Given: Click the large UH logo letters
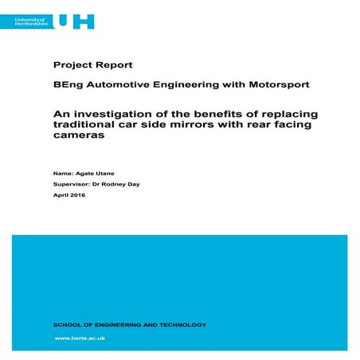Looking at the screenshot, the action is click(x=82, y=20).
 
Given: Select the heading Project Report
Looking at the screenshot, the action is click(x=92, y=65).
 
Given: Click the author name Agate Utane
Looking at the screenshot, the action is click(x=92, y=172).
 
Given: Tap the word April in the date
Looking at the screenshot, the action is click(x=60, y=195).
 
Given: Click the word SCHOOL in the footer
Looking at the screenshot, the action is click(x=66, y=324).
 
